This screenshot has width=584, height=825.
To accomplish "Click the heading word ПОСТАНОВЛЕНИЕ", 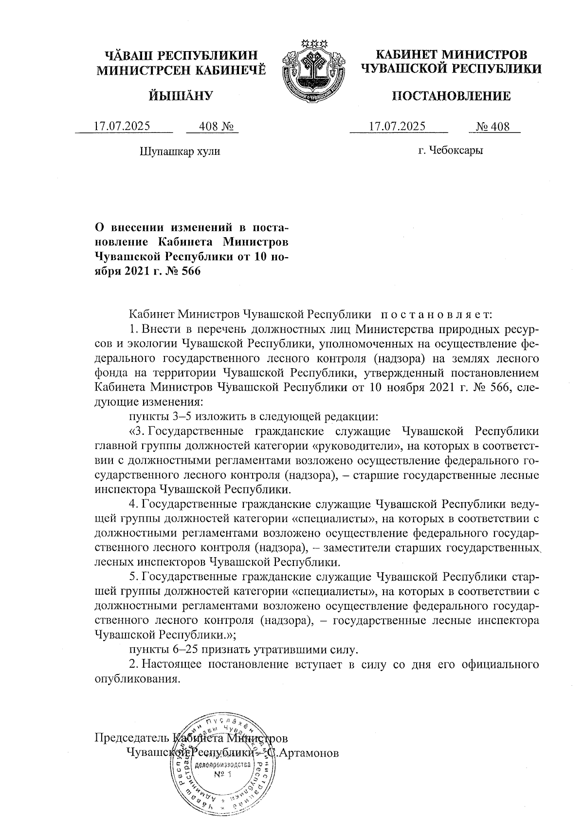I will [x=451, y=96].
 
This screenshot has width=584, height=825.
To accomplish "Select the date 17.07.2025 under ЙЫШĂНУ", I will [x=122, y=127].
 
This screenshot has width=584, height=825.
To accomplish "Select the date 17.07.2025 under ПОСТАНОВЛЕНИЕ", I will [x=397, y=127].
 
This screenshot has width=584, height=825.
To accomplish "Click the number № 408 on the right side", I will [x=493, y=127].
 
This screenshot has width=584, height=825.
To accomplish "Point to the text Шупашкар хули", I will [x=180, y=151].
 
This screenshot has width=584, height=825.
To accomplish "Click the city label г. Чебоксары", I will [x=451, y=150].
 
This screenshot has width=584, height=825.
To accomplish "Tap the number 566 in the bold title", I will [x=190, y=272].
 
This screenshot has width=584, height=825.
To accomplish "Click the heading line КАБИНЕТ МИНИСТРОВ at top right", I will [x=451, y=55].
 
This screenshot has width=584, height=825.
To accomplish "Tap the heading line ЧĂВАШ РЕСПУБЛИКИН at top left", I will [x=182, y=55].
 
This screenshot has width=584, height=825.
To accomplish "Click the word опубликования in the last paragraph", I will [x=134, y=679].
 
